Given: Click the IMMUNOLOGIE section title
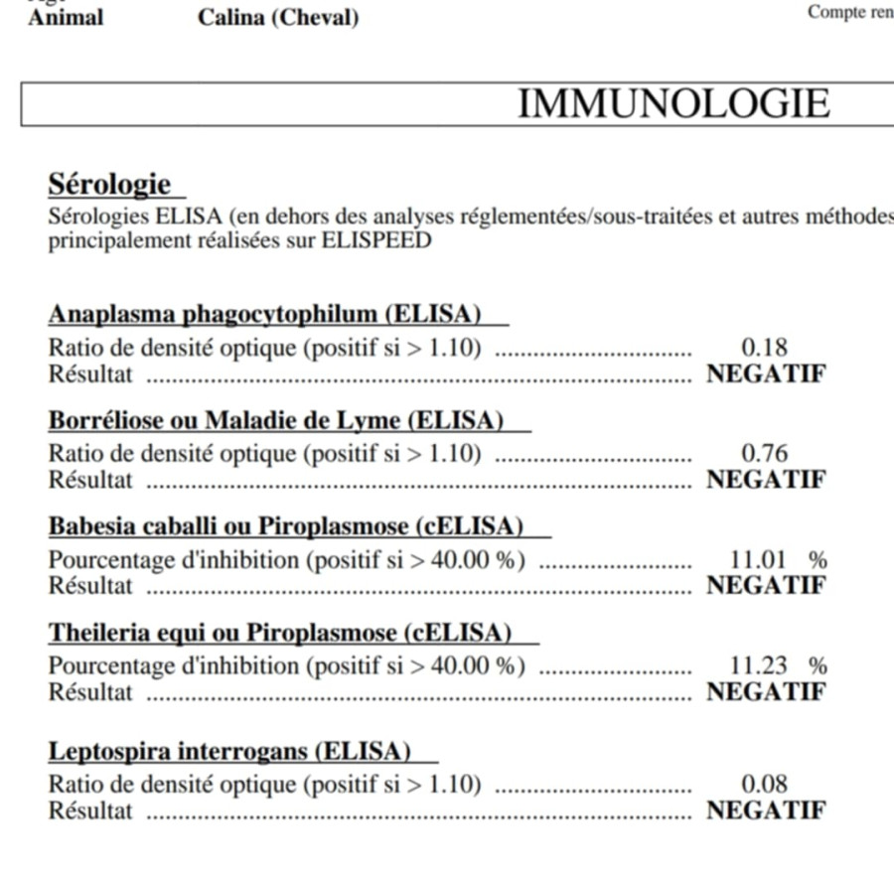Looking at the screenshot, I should (x=673, y=103).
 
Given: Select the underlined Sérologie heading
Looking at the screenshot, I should (x=109, y=185).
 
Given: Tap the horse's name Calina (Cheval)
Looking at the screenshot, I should (x=278, y=18).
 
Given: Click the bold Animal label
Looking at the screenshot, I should (x=66, y=18).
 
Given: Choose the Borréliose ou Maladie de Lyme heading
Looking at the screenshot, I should (x=276, y=420).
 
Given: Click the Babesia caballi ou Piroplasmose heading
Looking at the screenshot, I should (x=286, y=526).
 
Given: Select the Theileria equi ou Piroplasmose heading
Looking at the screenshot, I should (x=280, y=633).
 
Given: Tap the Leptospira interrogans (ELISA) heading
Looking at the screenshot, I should (x=229, y=751).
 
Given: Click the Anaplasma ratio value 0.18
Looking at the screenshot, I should (x=765, y=348).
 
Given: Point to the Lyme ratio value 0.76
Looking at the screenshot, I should (x=765, y=454).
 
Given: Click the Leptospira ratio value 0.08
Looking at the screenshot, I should (x=765, y=785).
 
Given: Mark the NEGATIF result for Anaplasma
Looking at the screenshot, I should (x=766, y=374).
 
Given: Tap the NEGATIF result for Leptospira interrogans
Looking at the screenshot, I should (x=766, y=810).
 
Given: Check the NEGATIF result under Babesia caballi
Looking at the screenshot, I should (x=766, y=586).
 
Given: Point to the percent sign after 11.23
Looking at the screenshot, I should (x=818, y=666).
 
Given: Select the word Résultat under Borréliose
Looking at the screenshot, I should (x=90, y=480).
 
